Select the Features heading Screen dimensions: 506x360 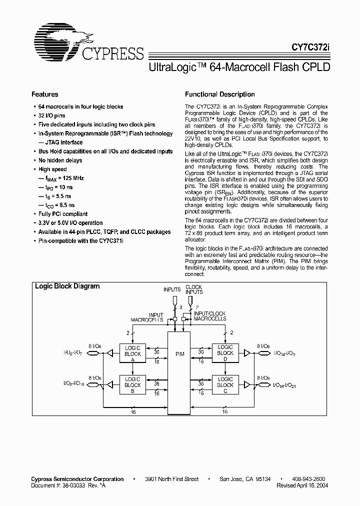45,94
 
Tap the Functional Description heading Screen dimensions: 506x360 220,94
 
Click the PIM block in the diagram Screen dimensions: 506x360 179,353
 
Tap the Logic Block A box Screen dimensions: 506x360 132,353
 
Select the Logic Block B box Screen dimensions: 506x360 132,385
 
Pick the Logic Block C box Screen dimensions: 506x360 225,385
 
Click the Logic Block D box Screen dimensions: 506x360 225,353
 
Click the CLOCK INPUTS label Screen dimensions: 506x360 193,288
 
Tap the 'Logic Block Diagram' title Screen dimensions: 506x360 67,286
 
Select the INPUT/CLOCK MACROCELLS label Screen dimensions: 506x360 210,315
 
